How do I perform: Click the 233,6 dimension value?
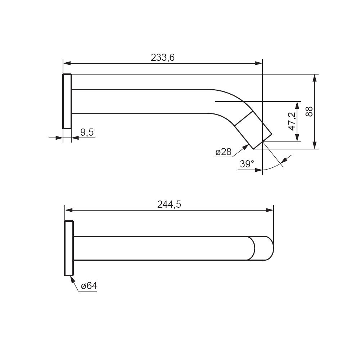[x=163, y=57]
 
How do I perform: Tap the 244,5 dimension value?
[x=169, y=204]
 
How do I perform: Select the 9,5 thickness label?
[x=87, y=132]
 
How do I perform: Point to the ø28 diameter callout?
[x=224, y=152]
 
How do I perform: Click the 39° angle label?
[x=247, y=164]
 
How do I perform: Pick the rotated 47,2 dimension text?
[x=292, y=121]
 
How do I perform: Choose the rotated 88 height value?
[x=309, y=111]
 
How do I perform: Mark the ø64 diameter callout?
[x=89, y=286]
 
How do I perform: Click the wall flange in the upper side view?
[x=67, y=101]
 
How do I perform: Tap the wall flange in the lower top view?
[x=69, y=248]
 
